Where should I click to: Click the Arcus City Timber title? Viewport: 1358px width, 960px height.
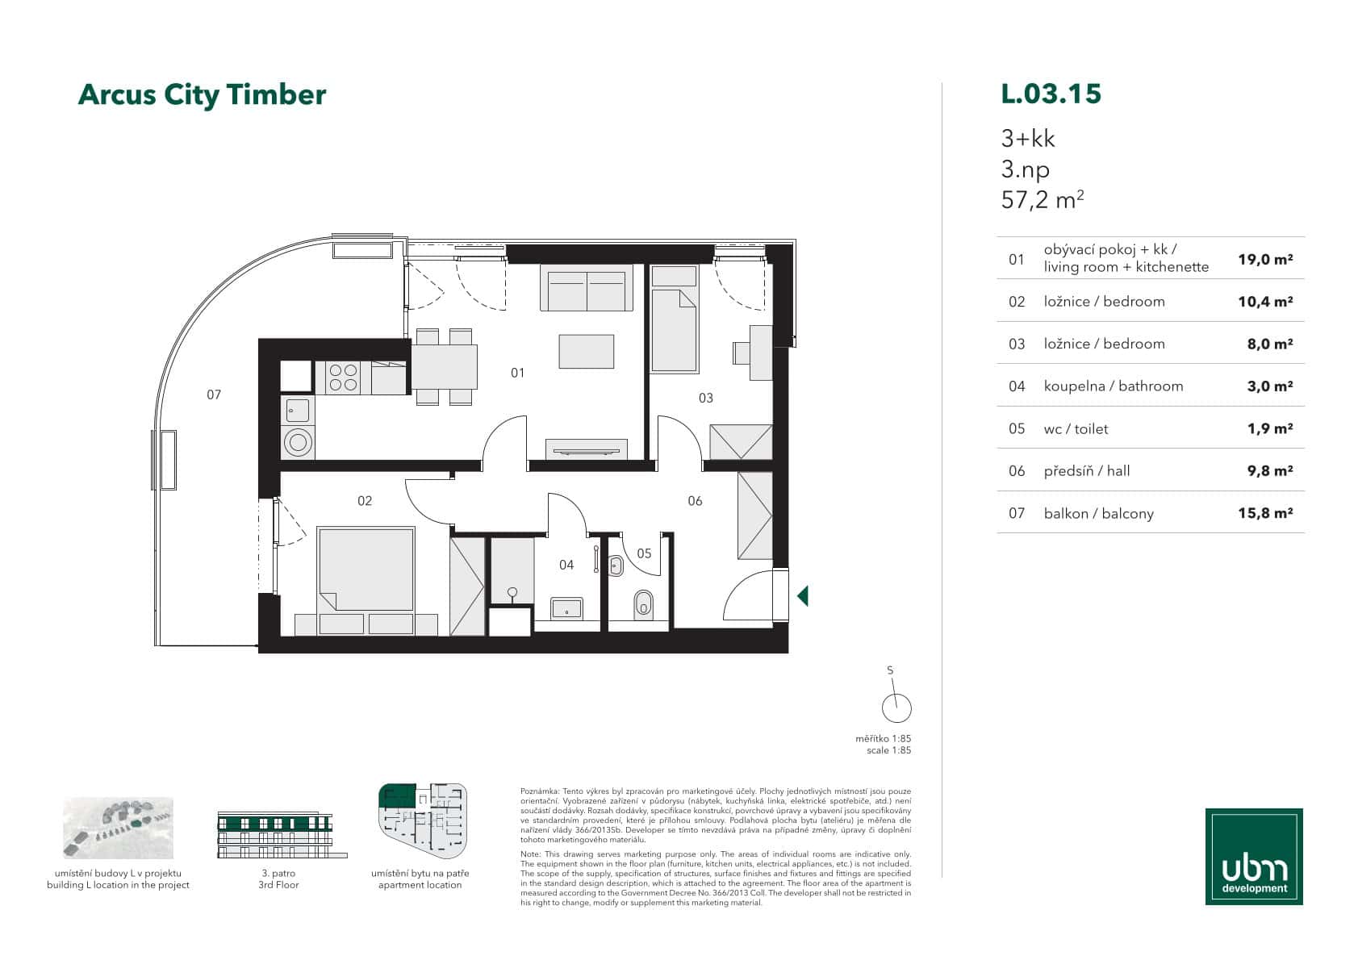[x=202, y=95]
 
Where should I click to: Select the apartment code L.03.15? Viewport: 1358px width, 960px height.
[x=1051, y=94]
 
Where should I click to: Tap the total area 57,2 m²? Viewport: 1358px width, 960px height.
[x=1041, y=199]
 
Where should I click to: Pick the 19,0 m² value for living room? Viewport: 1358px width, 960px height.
[x=1264, y=260]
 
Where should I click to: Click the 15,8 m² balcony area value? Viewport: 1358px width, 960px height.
[x=1264, y=513]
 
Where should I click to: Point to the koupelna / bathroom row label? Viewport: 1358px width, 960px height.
[x=1113, y=386]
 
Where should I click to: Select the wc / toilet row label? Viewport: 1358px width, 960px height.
[x=1076, y=429]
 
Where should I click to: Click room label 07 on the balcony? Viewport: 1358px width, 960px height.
[x=214, y=394]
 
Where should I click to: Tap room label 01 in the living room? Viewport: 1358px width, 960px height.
[x=517, y=373]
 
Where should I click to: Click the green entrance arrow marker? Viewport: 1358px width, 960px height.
[x=802, y=596]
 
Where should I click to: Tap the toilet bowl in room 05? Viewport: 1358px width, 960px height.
[x=643, y=603]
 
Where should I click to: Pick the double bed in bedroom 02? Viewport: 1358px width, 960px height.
[x=366, y=569]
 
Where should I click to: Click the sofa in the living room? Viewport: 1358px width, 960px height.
[x=587, y=291]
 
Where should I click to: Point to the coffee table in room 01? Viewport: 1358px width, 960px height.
[x=586, y=351]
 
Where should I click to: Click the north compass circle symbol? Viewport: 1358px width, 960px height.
[x=896, y=708]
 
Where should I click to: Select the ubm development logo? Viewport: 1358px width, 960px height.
[x=1254, y=857]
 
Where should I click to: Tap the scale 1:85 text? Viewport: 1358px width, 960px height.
[x=888, y=750]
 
